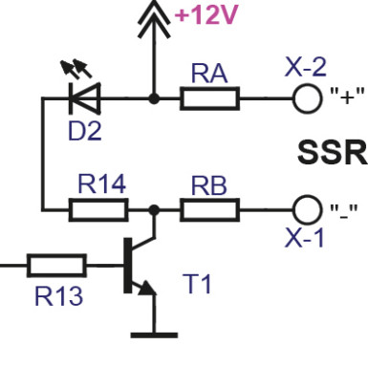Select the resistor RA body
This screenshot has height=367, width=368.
[210, 97]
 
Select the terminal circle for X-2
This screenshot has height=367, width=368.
[307, 97]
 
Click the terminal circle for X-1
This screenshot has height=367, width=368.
[307, 207]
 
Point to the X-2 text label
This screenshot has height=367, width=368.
[305, 68]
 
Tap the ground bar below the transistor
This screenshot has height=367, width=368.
[153, 334]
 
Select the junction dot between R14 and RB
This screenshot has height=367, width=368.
[153, 207]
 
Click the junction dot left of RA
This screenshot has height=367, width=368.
[153, 97]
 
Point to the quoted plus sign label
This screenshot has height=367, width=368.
[348, 98]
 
